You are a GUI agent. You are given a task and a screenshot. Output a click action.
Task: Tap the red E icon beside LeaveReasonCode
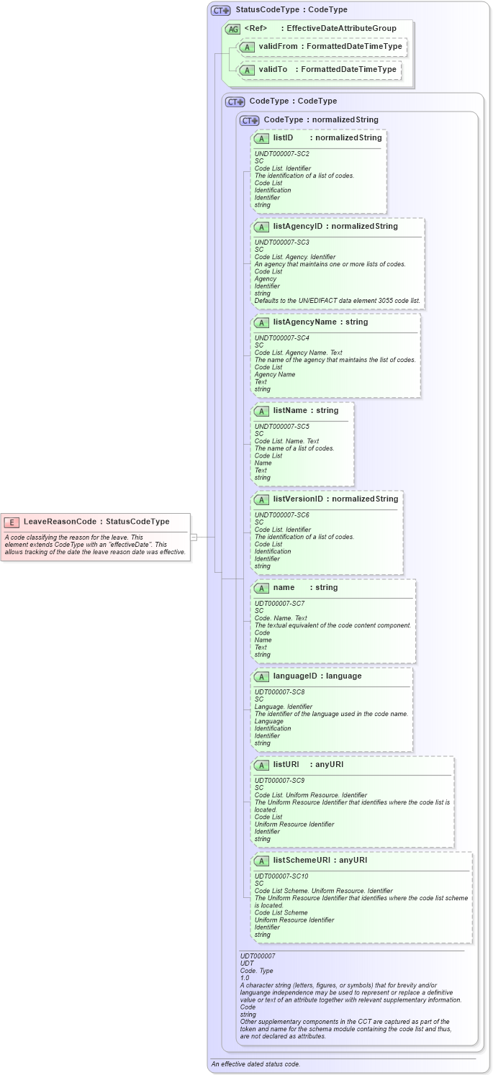coord(12,522)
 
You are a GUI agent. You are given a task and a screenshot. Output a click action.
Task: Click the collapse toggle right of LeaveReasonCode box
coord(194,537)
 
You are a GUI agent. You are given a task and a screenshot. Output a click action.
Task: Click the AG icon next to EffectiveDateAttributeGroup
coord(232,29)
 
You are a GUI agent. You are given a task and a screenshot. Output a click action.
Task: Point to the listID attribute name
coord(283,137)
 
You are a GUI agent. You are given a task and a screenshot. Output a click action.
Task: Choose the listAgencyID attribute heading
coord(299,226)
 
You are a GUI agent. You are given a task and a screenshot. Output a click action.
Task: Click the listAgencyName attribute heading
coord(304,322)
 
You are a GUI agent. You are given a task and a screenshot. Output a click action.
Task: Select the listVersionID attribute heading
coord(298,499)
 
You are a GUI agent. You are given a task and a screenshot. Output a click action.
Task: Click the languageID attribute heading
coord(297,676)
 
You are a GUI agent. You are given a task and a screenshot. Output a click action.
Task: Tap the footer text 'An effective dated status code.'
coord(255,1063)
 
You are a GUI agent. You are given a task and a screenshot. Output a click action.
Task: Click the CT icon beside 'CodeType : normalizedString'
coord(250,120)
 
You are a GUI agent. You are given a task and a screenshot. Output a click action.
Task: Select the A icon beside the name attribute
coord(261,588)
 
